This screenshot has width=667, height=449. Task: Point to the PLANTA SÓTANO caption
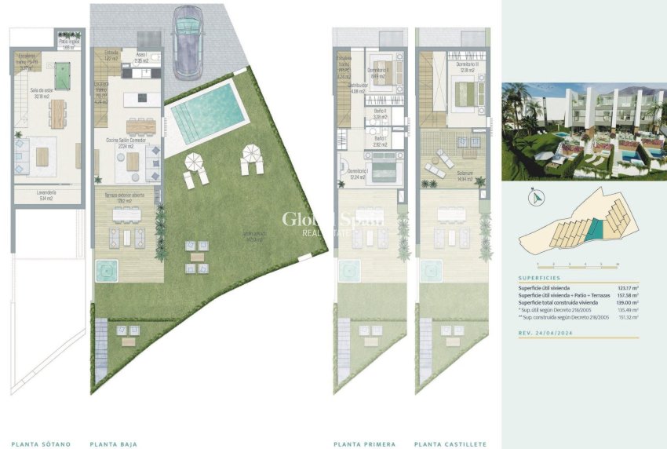click(x=41, y=444)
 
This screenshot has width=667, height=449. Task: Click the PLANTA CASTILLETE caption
click(x=450, y=444)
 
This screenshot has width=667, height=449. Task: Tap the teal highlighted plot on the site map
click(x=596, y=229)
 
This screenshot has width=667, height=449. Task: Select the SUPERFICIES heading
click(x=538, y=278)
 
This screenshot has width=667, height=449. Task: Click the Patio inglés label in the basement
click(x=69, y=43)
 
